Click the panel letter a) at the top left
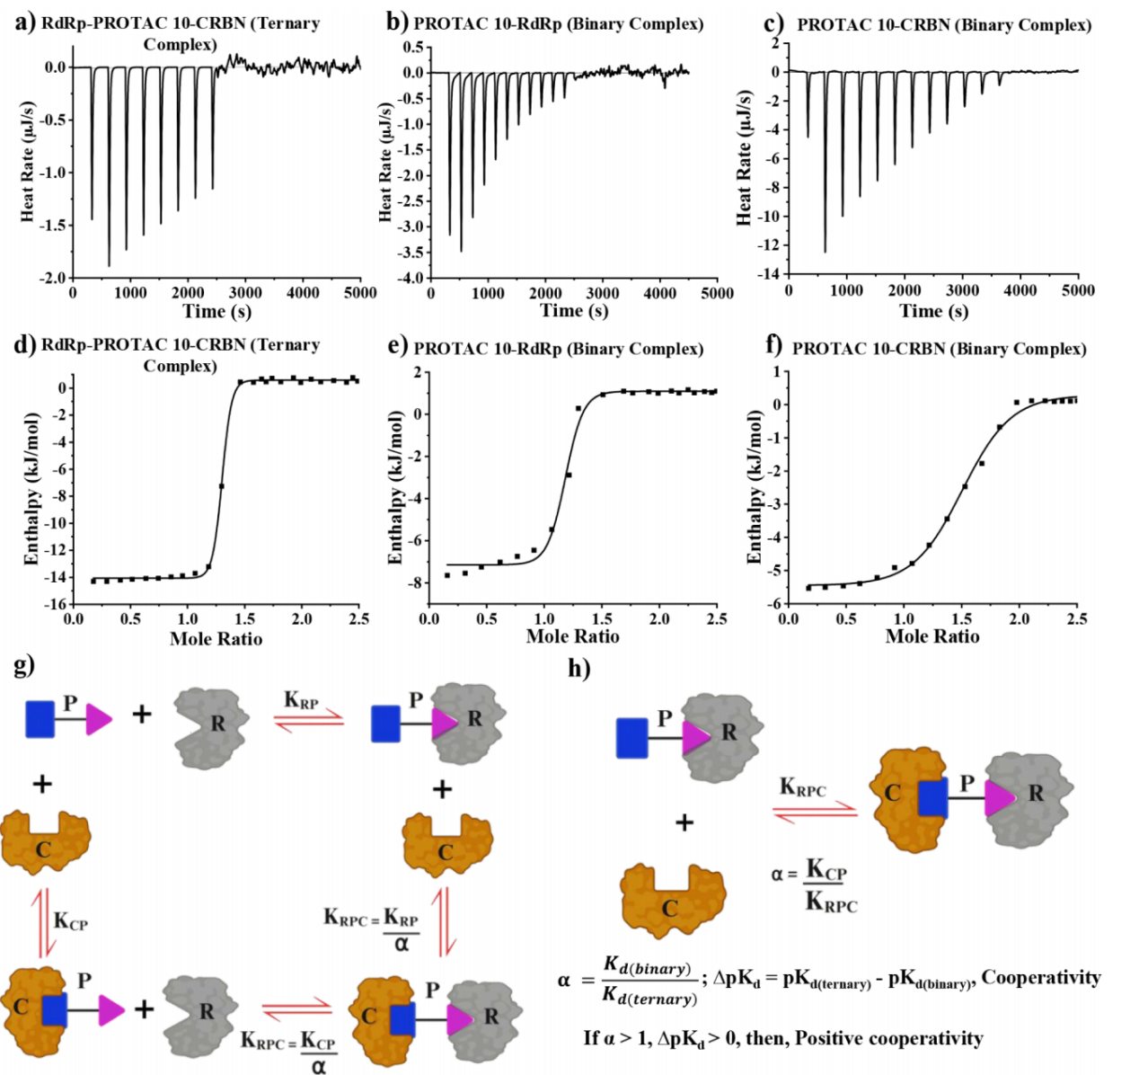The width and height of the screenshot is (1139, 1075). coord(25,22)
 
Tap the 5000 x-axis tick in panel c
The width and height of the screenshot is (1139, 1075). coord(1078,290)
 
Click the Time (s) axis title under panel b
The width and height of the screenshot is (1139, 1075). coord(574,311)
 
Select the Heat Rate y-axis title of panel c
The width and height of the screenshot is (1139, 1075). coord(744,158)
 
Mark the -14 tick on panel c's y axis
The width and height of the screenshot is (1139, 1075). coord(771,274)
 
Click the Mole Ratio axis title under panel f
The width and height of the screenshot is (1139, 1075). coord(932,636)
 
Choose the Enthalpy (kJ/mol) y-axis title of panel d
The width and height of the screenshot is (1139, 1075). coord(32,489)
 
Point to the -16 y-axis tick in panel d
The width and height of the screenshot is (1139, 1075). coord(56,604)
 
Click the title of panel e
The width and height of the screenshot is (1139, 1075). coord(558,349)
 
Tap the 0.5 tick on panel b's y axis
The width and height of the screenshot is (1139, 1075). coord(413,47)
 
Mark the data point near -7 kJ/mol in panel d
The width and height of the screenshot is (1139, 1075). coord(221,486)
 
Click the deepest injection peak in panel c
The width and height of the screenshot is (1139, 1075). coord(825,252)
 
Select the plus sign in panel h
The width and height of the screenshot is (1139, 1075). coord(684,822)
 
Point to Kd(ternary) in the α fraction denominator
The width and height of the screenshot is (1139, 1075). coord(649,999)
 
